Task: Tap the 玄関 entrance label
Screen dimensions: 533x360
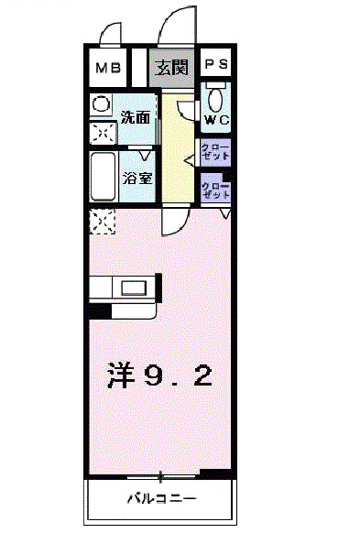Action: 170,67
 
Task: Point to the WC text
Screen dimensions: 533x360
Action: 217,119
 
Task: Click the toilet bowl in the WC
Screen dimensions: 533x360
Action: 216,97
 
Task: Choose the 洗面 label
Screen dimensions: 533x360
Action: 136,117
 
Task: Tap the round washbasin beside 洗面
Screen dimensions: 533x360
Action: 101,103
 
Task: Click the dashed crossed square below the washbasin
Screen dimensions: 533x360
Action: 101,132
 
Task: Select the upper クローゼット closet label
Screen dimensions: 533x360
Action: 215,151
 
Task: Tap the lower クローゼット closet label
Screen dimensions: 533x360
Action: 215,190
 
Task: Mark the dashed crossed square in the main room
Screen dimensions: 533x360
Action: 102,222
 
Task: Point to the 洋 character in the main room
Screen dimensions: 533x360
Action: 123,375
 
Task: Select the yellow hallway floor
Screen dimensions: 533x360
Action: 180,156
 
